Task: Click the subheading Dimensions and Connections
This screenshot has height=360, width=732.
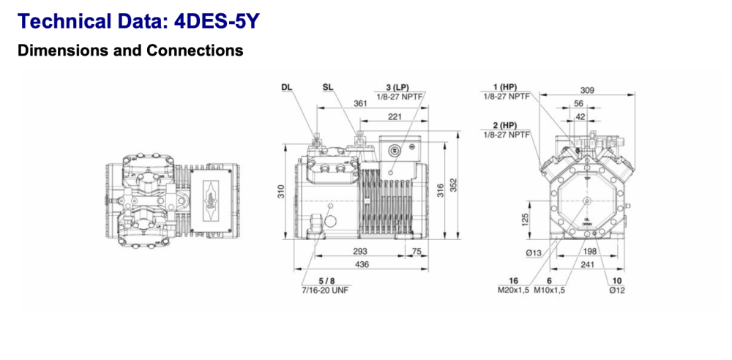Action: [130, 50]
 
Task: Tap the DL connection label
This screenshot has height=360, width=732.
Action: [286, 86]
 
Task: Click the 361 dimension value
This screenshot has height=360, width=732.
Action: [360, 104]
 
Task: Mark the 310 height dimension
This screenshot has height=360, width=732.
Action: [280, 192]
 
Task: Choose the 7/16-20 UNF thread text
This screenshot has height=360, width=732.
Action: [326, 290]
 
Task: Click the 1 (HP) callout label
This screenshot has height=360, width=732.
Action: [507, 86]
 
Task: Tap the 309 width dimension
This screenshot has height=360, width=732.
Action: [587, 90]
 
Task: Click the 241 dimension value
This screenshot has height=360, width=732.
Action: [587, 264]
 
